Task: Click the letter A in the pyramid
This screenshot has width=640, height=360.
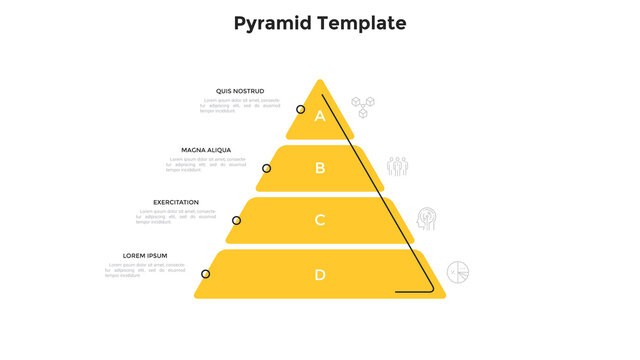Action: [320, 116]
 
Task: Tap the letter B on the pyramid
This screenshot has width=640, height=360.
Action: [320, 168]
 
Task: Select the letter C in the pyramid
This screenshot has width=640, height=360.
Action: [320, 220]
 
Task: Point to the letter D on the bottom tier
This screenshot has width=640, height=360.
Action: [320, 275]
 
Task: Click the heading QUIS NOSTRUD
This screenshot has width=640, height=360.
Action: [240, 91]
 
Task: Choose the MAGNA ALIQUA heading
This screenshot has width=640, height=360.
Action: [206, 150]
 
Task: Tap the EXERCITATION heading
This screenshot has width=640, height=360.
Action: [176, 202]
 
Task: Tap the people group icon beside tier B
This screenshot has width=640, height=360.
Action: [398, 166]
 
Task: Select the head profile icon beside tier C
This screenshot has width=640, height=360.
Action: [427, 218]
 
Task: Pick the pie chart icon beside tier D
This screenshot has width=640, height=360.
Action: [458, 272]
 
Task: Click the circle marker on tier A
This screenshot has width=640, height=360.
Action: [300, 109]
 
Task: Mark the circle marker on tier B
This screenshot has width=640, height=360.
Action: [266, 169]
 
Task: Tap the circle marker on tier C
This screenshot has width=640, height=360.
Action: [237, 220]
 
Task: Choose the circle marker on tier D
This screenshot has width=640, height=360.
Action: [206, 274]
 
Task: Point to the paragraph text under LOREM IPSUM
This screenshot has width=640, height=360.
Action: [145, 270]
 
